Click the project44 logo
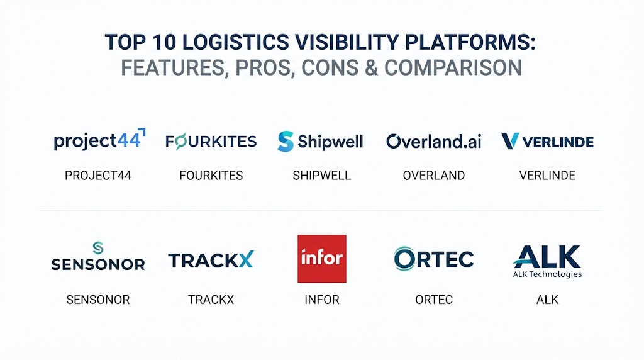[99, 140]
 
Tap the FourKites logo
[211, 142]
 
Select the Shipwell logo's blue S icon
[286, 142]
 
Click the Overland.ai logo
[434, 142]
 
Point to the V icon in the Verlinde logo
[510, 141]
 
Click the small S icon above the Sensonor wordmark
[97, 248]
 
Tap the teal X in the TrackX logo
[246, 260]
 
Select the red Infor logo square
[322, 259]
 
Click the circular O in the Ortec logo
[404, 259]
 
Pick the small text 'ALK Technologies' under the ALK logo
[547, 274]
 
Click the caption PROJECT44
[97, 176]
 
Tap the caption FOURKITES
[211, 176]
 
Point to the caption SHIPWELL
[321, 176]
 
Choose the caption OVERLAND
[434, 176]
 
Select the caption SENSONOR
[97, 300]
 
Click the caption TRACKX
[211, 300]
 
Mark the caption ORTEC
[434, 300]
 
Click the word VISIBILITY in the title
[347, 42]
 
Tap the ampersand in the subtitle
[371, 68]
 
